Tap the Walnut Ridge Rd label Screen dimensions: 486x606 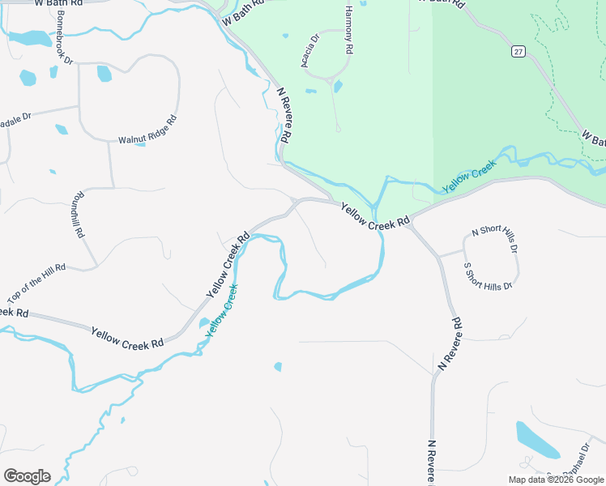pos(147,130)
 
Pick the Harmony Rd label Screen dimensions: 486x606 pos(349,30)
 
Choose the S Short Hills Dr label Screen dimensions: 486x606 pos(488,276)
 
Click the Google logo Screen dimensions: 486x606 pos(27,476)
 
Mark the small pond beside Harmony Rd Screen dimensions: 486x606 pos(338,86)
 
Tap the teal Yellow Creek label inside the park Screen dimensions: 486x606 pos(468,178)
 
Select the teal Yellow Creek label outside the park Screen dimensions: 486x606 pos(221,310)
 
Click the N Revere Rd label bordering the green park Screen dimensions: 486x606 pos(284,117)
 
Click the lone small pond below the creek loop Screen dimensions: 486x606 pos(279,367)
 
